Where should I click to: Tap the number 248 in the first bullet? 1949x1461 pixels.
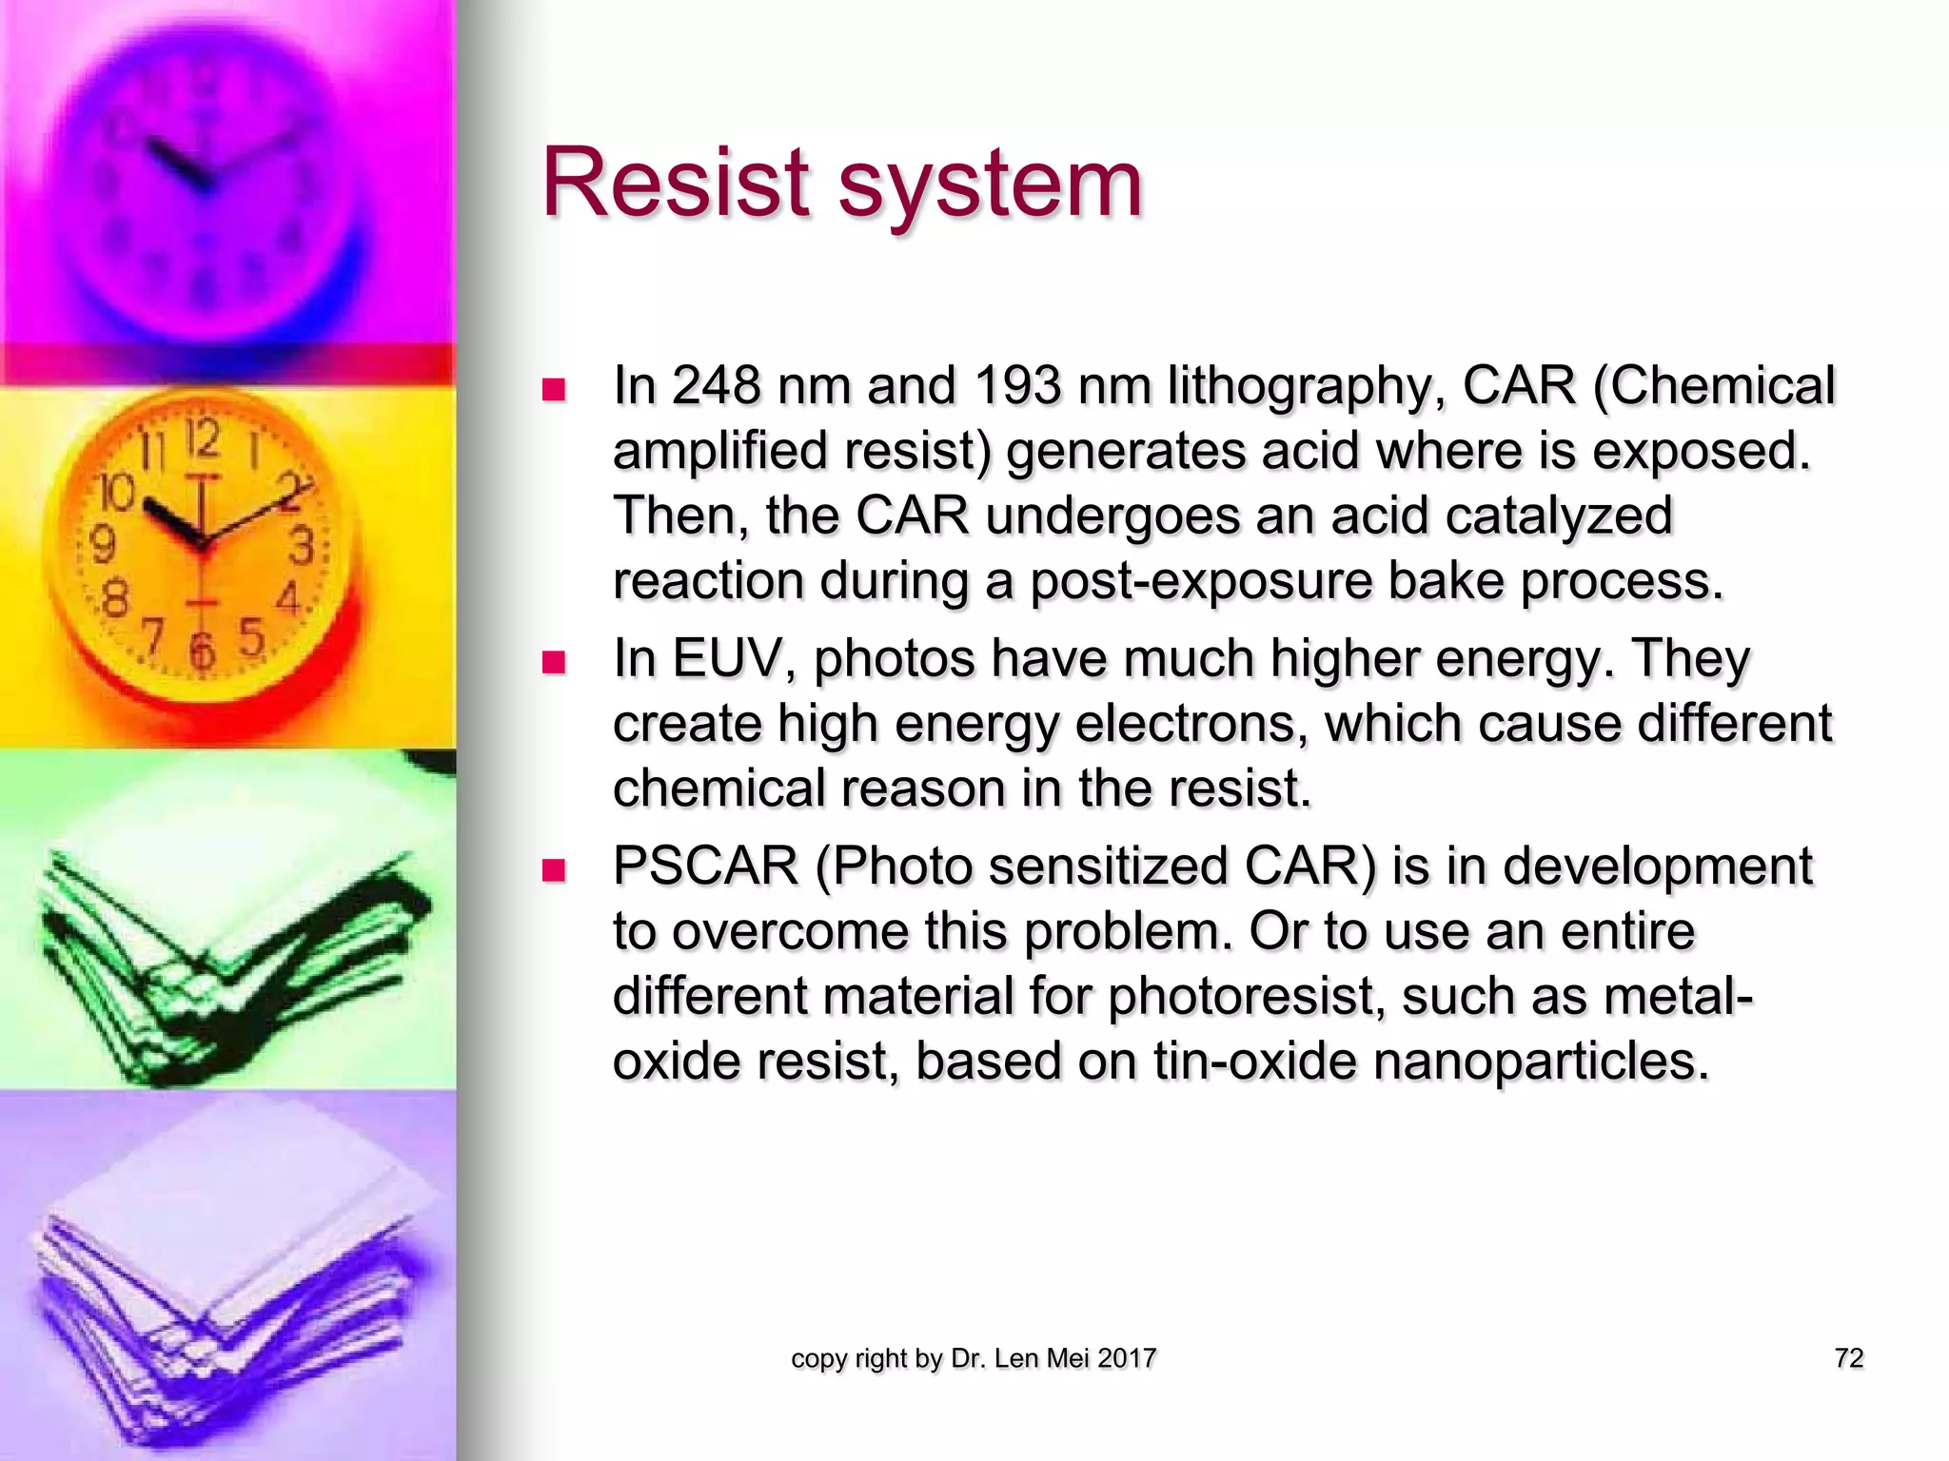716,386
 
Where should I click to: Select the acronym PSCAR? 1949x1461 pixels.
705,867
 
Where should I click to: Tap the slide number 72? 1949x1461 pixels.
1848,1358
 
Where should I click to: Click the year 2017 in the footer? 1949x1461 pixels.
1127,1358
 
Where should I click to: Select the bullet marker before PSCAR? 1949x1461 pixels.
553,869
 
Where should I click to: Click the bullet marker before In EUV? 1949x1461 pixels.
553,661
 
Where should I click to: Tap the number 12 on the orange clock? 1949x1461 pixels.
203,439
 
